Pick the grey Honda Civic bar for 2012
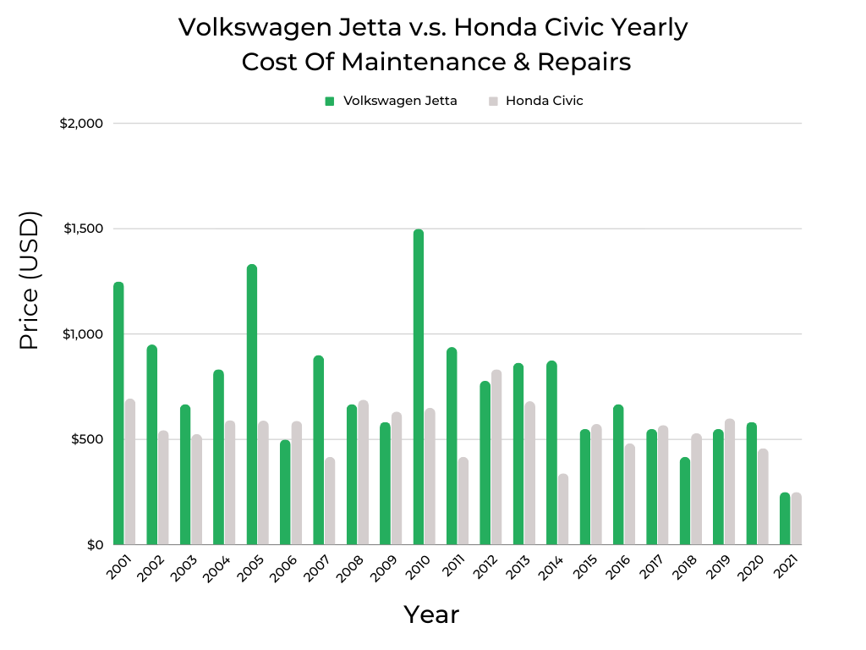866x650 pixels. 496,457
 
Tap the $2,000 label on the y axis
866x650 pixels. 81,124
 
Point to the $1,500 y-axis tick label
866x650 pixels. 82,229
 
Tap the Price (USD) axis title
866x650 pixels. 30,280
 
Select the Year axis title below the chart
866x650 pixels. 431,614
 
